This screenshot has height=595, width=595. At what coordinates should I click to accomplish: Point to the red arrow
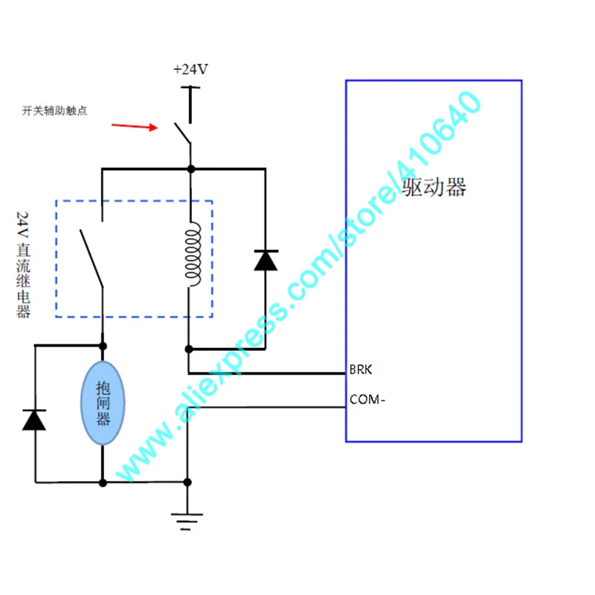[x=135, y=126]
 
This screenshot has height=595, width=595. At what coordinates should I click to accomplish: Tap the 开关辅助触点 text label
[x=54, y=111]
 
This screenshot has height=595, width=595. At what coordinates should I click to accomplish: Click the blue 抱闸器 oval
[x=103, y=403]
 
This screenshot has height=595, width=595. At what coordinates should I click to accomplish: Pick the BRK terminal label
[x=360, y=370]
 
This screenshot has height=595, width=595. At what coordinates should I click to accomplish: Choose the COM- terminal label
[x=367, y=399]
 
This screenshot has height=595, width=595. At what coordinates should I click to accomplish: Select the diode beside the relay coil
[x=265, y=260]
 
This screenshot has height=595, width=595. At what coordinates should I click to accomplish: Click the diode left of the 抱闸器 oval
[x=34, y=419]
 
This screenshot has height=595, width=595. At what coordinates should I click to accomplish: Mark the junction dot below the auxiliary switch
[x=190, y=170]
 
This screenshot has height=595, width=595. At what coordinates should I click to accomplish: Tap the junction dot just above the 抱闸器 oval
[x=103, y=346]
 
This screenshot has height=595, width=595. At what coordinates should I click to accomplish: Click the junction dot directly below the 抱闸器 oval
[x=103, y=483]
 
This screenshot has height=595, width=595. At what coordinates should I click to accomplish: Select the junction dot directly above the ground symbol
[x=189, y=483]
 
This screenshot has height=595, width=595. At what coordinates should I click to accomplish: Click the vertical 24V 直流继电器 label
[x=23, y=265]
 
